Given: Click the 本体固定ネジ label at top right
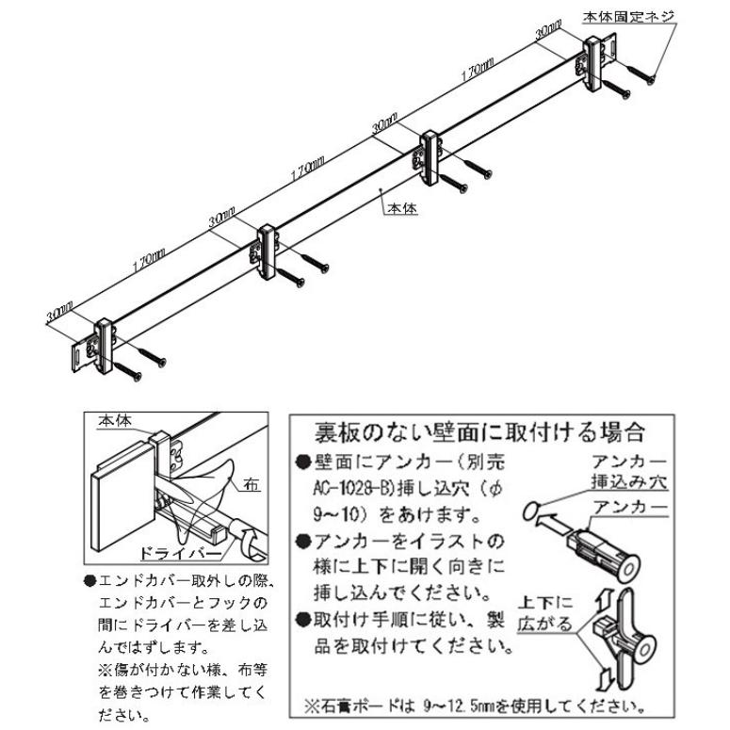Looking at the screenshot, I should click(x=624, y=16).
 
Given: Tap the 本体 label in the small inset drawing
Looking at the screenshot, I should click(x=118, y=424).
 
